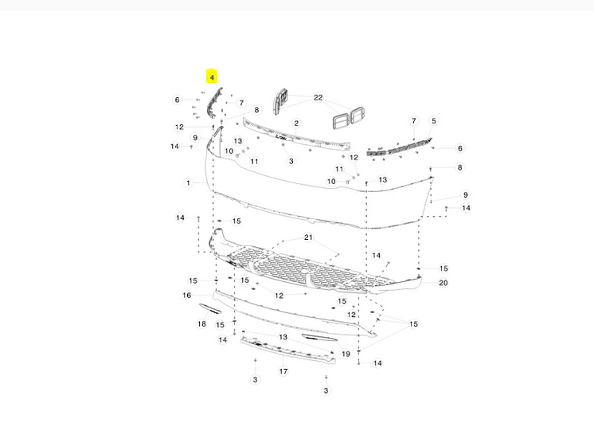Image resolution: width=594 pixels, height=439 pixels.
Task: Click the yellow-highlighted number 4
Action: click(x=212, y=77)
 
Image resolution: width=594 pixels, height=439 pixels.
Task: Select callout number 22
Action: click(x=318, y=97)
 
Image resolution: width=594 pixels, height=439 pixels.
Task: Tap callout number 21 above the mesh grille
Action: click(x=308, y=237)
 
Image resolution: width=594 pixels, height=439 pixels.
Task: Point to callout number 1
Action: click(x=188, y=182)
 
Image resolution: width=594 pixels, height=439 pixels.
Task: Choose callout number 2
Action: click(x=296, y=123)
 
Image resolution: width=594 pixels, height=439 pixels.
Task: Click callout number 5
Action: click(x=434, y=121)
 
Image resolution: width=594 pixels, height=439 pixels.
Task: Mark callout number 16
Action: click(x=187, y=295)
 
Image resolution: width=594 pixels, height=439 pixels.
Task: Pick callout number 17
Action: click(x=283, y=371)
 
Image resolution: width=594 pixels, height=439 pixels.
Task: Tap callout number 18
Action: click(x=201, y=323)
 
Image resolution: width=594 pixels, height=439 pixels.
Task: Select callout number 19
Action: click(x=346, y=354)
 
